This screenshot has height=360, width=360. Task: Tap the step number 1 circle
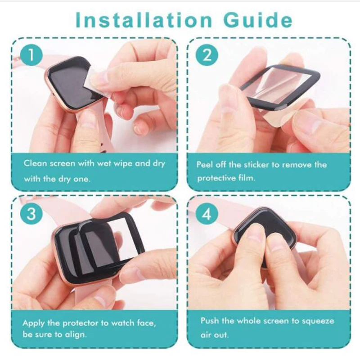coord(31,56)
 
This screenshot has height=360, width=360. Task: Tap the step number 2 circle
coord(207,56)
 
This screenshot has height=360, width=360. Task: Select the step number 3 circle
coord(31,214)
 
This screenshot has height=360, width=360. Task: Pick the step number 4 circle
coord(207,214)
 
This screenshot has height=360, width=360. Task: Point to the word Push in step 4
coord(209,321)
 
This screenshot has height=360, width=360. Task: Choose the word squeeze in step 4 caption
coord(318,321)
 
